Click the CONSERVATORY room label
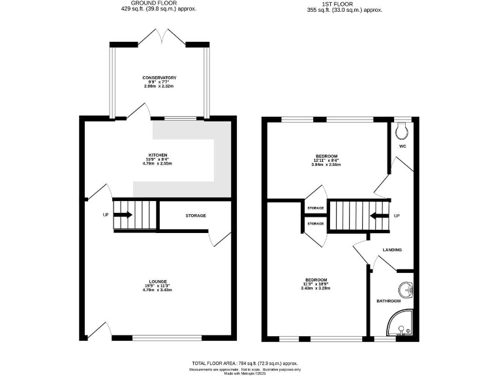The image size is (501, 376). tap(159, 78)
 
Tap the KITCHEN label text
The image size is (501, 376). tap(158, 155)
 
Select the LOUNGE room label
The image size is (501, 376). tap(158, 280)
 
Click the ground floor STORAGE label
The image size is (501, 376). tap(196, 215)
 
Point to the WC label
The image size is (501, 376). tap(403, 146)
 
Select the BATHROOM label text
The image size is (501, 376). tap(389, 301)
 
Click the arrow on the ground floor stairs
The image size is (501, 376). tap(123, 215)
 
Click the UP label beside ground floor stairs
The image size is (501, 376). tap(105, 215)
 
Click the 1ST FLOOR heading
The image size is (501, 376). tap(344, 4)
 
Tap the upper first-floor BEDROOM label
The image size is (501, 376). tap(326, 156)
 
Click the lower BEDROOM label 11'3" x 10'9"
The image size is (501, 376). tap(314, 280)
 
